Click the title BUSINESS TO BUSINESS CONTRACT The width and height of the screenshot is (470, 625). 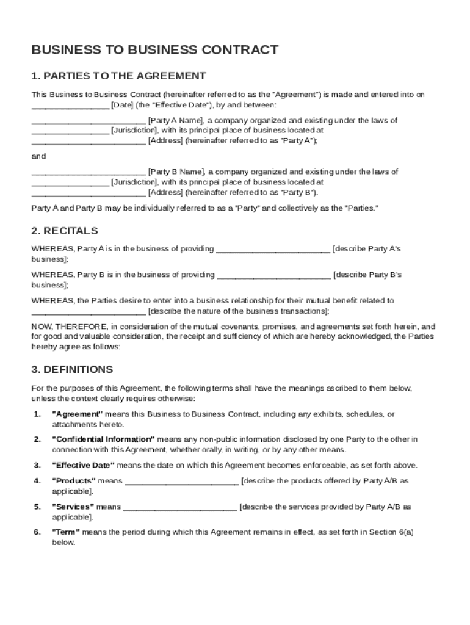(x=155, y=50)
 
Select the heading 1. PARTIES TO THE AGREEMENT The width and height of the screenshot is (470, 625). (x=118, y=76)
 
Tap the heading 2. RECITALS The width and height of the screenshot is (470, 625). (x=65, y=231)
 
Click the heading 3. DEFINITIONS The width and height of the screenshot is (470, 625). (x=72, y=369)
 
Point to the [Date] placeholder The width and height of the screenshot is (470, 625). (x=122, y=104)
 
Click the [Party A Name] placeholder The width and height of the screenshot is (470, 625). (x=177, y=120)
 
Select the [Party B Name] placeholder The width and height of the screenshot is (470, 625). (x=177, y=172)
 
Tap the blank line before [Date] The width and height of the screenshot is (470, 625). (x=70, y=105)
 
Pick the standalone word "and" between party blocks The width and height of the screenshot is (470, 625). (x=38, y=156)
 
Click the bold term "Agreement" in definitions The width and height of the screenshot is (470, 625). (x=77, y=414)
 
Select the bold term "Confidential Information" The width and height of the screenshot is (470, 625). (x=103, y=439)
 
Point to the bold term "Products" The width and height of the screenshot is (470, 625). (x=73, y=481)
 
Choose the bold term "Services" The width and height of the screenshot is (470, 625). (x=73, y=507)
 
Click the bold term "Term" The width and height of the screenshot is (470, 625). (x=66, y=532)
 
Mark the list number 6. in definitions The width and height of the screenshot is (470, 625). (x=37, y=532)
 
